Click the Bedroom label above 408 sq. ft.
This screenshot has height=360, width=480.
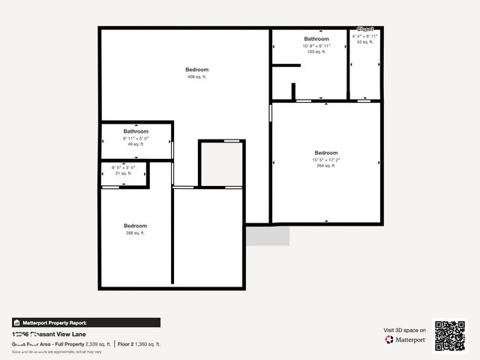[x=197, y=70]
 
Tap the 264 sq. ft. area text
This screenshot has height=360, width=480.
[x=326, y=166]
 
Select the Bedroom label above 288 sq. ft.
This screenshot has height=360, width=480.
[x=135, y=226]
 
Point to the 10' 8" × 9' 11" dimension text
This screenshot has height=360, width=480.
[x=316, y=46]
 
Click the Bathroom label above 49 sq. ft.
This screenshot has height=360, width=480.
[x=136, y=131]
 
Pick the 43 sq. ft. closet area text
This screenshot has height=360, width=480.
[x=364, y=42]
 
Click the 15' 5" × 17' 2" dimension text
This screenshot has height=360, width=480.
[x=326, y=160]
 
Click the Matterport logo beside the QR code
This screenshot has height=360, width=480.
[x=406, y=340]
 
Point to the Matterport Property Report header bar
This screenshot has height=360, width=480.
[x=85, y=322]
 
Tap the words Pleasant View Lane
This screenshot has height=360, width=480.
[x=63, y=334]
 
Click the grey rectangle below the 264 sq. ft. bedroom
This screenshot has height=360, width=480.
[x=268, y=235]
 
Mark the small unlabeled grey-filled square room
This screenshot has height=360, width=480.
[x=221, y=163]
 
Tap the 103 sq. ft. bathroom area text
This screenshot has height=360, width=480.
[x=316, y=52]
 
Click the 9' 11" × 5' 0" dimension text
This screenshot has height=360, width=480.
[x=136, y=138]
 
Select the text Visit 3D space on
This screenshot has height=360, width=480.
[x=405, y=330]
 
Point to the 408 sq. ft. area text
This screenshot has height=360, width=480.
[x=197, y=76]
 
